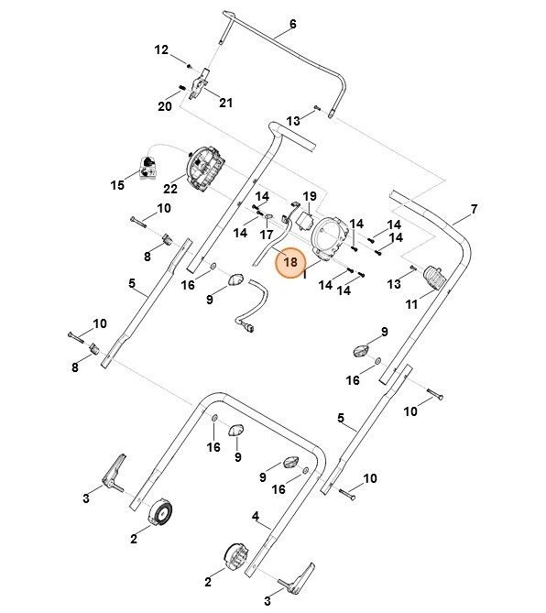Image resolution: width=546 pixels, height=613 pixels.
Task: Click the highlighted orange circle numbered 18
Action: (290, 262)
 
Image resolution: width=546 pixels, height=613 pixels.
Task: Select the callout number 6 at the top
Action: (293, 24)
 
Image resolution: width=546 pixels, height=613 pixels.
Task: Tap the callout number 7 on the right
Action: (475, 209)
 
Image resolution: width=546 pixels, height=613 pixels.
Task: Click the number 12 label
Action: (161, 50)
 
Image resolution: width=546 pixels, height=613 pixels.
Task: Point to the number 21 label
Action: (225, 103)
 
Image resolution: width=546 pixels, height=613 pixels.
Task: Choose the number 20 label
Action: (165, 106)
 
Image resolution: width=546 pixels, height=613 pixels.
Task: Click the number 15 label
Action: (117, 185)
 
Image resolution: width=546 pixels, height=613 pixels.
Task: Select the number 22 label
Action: (170, 189)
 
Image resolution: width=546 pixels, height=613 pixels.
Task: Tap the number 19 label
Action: (310, 196)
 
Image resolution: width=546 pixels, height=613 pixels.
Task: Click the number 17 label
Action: (267, 235)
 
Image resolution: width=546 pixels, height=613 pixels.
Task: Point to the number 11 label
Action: (411, 304)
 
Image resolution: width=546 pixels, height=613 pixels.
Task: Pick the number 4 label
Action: (256, 517)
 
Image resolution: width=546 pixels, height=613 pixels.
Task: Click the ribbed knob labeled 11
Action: (435, 277)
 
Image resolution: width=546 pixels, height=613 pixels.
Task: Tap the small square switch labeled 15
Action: (147, 168)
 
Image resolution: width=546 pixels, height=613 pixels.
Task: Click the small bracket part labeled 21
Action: (200, 84)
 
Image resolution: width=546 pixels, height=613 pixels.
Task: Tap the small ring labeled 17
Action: (269, 216)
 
